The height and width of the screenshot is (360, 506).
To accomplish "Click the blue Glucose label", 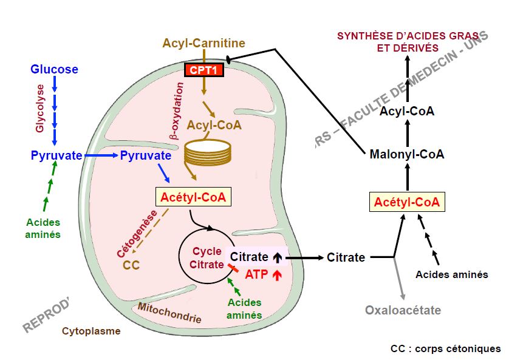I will [55, 69].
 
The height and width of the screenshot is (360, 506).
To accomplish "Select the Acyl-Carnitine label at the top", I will [203, 43].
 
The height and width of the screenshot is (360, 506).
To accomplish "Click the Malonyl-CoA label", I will [406, 154].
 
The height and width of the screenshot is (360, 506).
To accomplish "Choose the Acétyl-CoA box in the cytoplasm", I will [407, 201].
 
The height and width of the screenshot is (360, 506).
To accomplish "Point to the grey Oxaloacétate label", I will [403, 310].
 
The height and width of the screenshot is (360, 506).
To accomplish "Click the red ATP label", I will [256, 274].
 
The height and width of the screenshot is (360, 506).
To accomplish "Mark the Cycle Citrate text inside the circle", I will [207, 258].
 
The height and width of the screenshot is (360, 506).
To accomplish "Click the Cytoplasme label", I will [91, 331].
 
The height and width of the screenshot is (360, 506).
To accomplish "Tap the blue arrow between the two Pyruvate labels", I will [101, 156].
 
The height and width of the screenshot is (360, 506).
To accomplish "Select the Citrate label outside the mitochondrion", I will [346, 257].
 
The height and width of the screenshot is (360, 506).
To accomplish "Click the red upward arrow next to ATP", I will [278, 275].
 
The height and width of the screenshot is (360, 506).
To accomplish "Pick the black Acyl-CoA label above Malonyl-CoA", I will [407, 111].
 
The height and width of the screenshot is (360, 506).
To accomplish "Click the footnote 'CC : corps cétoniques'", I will [445, 348].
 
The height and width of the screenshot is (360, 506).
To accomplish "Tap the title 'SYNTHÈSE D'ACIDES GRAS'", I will [407, 36].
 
